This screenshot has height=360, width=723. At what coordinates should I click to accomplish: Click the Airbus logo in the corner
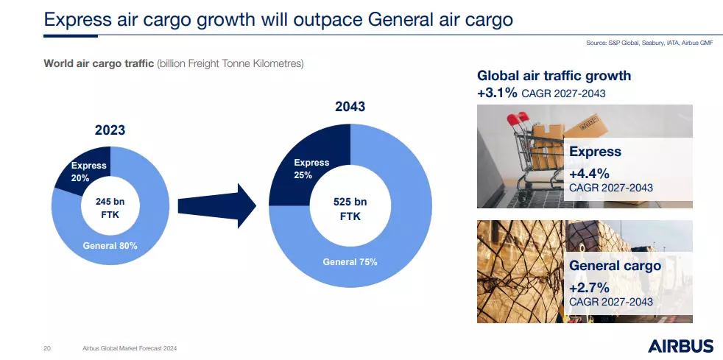click(680, 346)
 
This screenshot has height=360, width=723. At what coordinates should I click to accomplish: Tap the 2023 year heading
click(110, 130)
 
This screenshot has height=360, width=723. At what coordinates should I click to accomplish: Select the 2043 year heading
click(350, 107)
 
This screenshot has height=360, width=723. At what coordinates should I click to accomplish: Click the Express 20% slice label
click(88, 172)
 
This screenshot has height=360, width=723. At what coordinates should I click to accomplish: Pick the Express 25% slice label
click(311, 169)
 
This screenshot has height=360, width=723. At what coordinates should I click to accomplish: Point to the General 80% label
click(110, 246)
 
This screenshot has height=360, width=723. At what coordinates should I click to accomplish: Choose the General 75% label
click(350, 262)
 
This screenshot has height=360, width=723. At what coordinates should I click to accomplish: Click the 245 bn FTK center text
click(110, 208)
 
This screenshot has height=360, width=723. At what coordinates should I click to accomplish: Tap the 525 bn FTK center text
click(350, 209)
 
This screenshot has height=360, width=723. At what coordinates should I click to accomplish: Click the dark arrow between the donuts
click(216, 205)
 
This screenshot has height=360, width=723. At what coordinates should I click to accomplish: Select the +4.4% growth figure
click(589, 174)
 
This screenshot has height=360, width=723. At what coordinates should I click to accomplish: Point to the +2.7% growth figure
click(589, 288)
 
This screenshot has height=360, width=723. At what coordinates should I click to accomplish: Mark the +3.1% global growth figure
click(497, 93)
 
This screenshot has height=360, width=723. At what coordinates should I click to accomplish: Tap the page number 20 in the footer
click(46, 348)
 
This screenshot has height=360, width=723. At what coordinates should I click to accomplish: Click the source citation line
click(649, 43)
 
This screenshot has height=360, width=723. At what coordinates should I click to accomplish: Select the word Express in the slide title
click(77, 20)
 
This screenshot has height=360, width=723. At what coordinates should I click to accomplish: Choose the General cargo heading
click(615, 266)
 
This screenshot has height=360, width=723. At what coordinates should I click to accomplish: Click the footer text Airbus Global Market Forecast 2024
click(129, 348)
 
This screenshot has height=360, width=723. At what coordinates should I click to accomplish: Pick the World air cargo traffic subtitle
click(173, 63)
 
